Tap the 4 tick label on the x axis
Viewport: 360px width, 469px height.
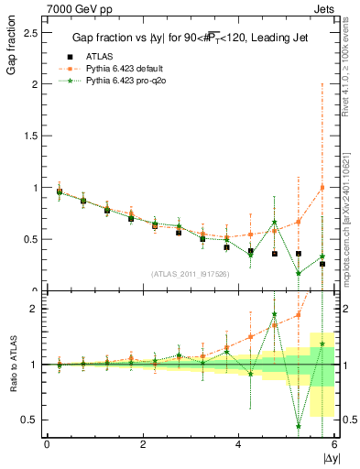tap(238, 444)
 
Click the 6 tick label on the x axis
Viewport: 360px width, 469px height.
tap(333, 444)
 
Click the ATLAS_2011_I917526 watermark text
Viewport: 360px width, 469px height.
tap(191, 273)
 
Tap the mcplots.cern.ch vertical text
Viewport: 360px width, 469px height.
tap(351, 220)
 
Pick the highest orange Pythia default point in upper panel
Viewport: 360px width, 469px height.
tap(322, 187)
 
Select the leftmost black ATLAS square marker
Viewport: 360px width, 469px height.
tap(60, 192)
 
